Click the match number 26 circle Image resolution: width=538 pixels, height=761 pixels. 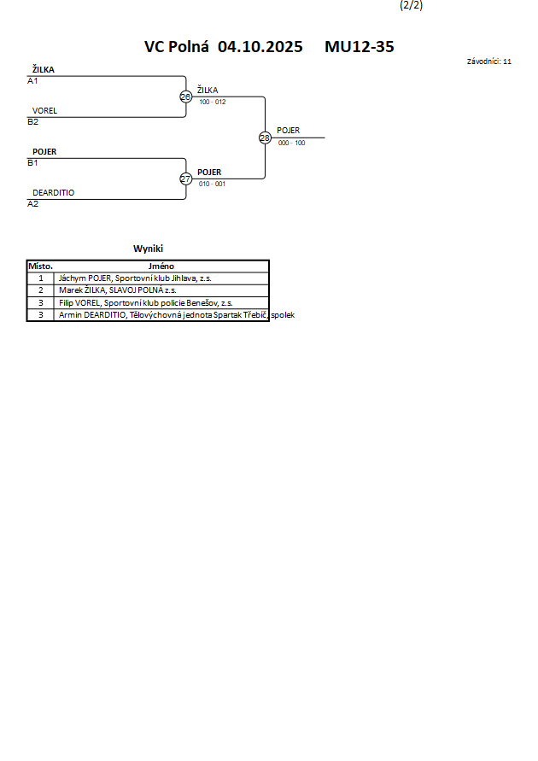click(x=185, y=97)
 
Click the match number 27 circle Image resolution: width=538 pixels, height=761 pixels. click(x=185, y=179)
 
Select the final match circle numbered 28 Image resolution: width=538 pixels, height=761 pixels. click(x=265, y=138)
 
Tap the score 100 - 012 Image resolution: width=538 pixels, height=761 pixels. click(x=213, y=102)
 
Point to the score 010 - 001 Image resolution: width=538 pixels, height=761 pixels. click(x=213, y=184)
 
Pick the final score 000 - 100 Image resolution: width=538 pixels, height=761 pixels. click(x=291, y=143)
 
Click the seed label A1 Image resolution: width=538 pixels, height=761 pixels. click(x=33, y=81)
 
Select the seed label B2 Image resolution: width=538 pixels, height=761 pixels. click(x=33, y=121)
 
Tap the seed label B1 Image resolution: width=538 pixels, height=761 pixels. click(x=33, y=162)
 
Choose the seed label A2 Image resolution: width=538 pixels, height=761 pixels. click(x=33, y=203)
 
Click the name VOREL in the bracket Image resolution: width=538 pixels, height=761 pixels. click(x=44, y=111)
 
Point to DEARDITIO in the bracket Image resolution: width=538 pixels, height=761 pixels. click(x=53, y=193)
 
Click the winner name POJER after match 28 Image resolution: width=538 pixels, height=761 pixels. click(x=288, y=131)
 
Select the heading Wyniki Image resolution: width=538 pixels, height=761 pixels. click(x=148, y=249)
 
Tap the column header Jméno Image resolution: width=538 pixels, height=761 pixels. click(x=161, y=266)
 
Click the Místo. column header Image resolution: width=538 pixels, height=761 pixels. click(x=40, y=266)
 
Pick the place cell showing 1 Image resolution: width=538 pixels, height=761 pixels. click(x=40, y=278)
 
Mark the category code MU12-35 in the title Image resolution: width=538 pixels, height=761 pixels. click(x=359, y=47)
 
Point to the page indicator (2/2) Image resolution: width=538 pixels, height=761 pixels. click(x=411, y=5)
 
